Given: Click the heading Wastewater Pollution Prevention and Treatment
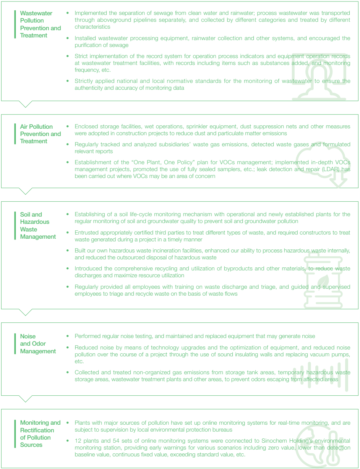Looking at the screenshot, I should [40, 24].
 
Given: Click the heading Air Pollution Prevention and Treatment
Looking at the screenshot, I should [40, 134].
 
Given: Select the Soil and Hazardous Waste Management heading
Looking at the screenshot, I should [38, 225].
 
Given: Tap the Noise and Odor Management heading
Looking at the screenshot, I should [38, 344].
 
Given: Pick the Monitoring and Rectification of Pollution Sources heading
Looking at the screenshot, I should [40, 433].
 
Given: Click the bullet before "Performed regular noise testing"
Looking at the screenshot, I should [68, 336].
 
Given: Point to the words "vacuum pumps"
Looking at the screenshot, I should [331, 355].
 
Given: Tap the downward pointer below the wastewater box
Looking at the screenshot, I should [26, 104].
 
